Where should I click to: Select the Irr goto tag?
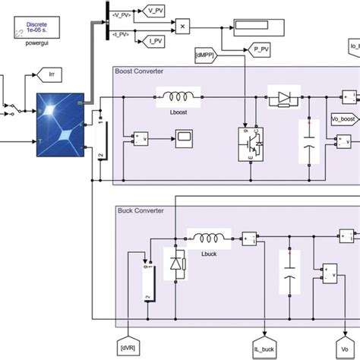(x=38, y=74)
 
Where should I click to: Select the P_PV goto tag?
(x=261, y=49)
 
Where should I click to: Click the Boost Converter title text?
(x=139, y=71)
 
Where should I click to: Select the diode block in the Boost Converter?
(x=283, y=99)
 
